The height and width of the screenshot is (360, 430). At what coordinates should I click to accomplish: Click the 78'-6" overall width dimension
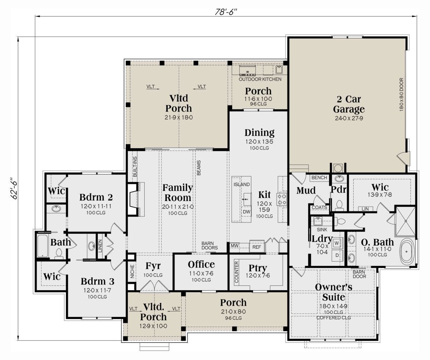click(226, 12)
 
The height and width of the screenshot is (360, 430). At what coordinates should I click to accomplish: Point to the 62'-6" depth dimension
click(14, 188)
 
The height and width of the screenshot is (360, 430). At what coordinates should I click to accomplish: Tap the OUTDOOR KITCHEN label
click(260, 79)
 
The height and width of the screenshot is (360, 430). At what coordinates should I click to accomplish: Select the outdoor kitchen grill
click(248, 71)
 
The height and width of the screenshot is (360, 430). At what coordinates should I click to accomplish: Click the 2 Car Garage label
click(349, 104)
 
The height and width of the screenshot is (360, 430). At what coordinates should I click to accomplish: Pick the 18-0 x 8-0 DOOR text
click(401, 95)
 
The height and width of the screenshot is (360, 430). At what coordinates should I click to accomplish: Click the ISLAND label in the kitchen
click(242, 184)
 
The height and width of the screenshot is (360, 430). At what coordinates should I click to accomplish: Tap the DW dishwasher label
click(246, 212)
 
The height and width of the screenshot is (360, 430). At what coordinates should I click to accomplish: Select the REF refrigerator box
click(257, 247)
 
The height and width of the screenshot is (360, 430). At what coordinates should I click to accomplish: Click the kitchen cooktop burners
click(282, 199)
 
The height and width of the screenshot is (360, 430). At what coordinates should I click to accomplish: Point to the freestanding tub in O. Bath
click(407, 251)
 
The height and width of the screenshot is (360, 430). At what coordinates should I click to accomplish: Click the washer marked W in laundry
click(337, 243)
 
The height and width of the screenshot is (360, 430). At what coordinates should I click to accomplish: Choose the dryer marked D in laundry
click(337, 255)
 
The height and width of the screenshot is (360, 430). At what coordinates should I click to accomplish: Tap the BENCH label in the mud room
click(319, 177)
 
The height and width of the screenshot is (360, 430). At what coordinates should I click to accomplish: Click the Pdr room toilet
click(339, 205)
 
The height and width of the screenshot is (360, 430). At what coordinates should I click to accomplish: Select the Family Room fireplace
click(133, 199)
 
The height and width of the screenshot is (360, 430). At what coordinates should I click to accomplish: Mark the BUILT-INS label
click(135, 167)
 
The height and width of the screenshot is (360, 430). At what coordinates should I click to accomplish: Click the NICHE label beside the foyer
click(132, 271)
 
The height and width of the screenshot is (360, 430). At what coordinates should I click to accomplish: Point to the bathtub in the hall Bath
click(43, 246)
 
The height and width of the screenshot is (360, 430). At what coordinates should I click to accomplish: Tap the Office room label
click(201, 265)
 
